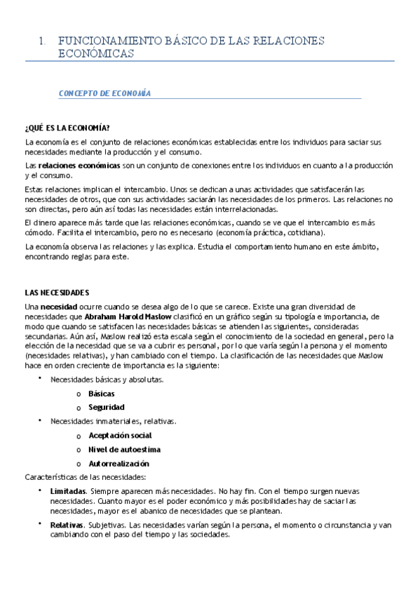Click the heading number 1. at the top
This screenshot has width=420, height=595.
coord(43,41)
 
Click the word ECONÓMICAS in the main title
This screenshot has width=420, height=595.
coord(95,54)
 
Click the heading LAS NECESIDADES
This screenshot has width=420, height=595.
coord(57,293)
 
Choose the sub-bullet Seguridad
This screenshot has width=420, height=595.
coord(107,407)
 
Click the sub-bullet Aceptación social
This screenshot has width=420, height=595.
coord(119,436)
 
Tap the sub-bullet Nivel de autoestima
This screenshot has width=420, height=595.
coord(124,449)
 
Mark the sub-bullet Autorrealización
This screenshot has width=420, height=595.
coord(118,463)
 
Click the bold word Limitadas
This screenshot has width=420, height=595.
coord(68,491)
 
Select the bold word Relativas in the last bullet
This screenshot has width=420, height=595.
coord(67,525)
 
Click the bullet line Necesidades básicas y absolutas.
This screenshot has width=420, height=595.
coord(107,380)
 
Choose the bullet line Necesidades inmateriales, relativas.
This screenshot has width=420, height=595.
coord(113,422)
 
